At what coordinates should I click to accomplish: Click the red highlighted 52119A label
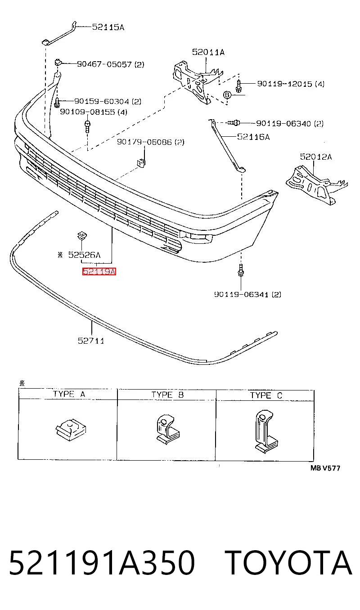tap(99, 272)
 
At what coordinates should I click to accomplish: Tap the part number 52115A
tap(108, 27)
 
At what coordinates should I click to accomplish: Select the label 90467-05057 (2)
tap(111, 64)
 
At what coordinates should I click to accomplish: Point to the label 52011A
tap(208, 52)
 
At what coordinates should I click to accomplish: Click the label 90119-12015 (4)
tap(291, 84)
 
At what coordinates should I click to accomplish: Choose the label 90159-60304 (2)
tap(108, 102)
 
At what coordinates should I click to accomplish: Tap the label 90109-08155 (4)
tap(94, 112)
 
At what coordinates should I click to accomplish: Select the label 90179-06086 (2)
tap(151, 142)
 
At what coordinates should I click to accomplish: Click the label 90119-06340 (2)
tap(290, 124)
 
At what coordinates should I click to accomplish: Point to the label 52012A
tap(316, 157)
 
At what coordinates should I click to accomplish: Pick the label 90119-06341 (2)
tap(247, 294)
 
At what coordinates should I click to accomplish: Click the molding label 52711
tap(91, 341)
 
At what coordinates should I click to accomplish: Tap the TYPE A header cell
tap(68, 394)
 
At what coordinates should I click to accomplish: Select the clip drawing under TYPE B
tap(166, 430)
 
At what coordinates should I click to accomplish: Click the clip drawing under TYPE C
tap(266, 432)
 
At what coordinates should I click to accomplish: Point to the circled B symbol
tap(227, 95)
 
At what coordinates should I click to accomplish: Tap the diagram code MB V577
tap(325, 468)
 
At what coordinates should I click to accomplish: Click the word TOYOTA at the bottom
tap(288, 563)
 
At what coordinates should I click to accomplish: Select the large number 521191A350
tap(102, 563)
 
